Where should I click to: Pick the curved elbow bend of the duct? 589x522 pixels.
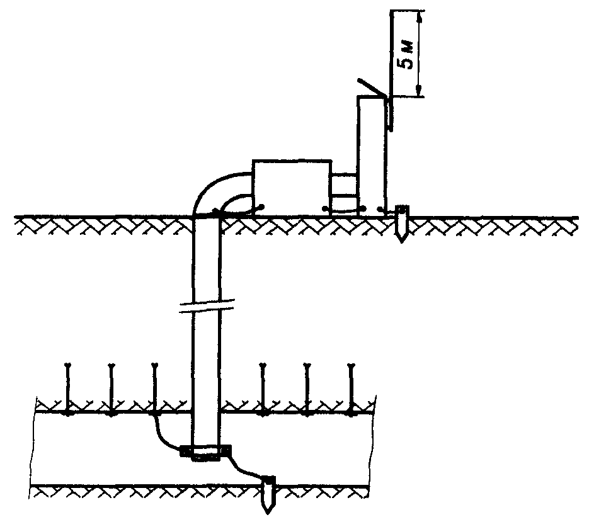pos(214,189)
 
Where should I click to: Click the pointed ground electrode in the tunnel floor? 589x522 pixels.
pos(269,495)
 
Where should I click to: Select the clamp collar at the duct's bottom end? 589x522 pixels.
pos(205,451)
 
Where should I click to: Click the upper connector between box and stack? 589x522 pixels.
pos(344,183)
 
